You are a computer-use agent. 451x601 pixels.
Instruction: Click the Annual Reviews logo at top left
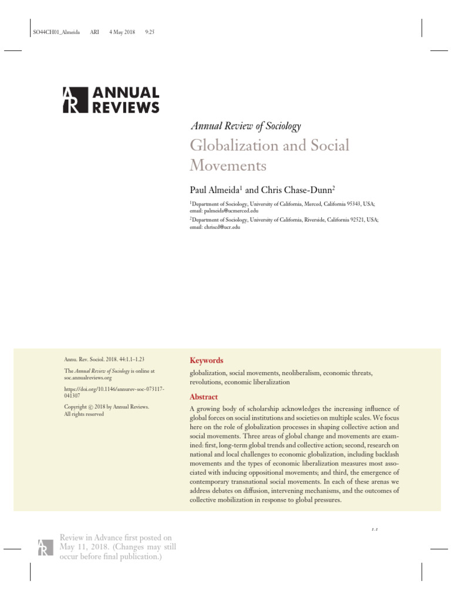tap(110, 100)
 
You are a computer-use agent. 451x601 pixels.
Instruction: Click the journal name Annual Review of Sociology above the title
tap(245, 126)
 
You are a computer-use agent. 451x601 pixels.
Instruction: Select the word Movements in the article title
tap(228, 166)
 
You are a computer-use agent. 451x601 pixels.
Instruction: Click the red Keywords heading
tap(206, 360)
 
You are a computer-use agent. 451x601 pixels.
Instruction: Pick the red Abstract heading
tap(203, 397)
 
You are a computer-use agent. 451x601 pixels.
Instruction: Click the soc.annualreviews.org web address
tap(87, 379)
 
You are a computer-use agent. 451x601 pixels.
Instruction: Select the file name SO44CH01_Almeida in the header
tap(53, 32)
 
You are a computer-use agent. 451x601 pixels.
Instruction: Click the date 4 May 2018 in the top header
tap(122, 32)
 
